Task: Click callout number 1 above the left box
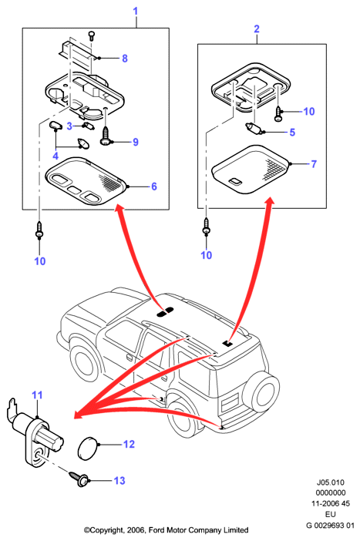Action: coord(136,11)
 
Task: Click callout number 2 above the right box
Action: coord(257,29)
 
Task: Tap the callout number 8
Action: coord(125,59)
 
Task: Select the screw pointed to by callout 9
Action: coord(104,136)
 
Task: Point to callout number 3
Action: coord(69,126)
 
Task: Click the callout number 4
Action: coord(56,156)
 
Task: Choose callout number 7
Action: coord(314,164)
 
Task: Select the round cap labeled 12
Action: coord(88,449)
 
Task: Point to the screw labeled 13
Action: coord(79,479)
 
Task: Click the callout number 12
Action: coord(129,444)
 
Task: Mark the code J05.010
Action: coord(330,482)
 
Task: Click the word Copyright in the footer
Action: coord(103,530)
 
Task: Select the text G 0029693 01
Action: coord(330,526)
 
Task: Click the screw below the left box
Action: coord(39,230)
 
